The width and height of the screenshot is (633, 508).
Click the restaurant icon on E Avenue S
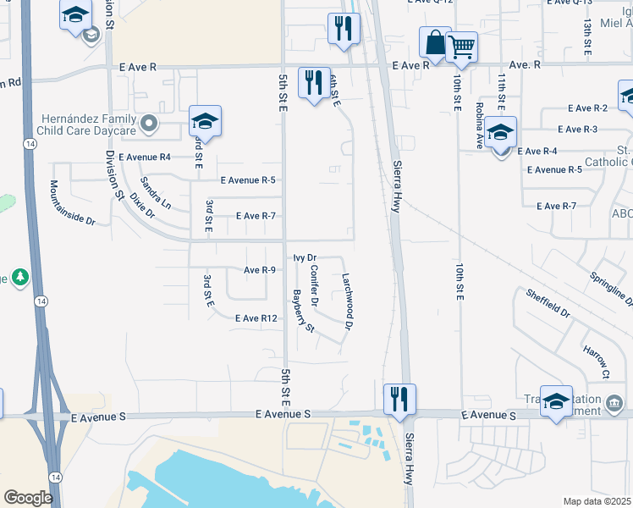(x=399, y=399)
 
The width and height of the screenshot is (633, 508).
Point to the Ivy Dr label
(x=305, y=257)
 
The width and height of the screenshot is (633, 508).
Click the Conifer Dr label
(x=314, y=285)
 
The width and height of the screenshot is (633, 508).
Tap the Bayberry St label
(x=303, y=311)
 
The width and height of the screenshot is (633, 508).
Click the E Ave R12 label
(x=256, y=318)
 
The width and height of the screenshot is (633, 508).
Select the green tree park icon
(x=19, y=277)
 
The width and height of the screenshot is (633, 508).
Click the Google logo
(x=28, y=498)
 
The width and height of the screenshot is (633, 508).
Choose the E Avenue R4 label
(x=145, y=157)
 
